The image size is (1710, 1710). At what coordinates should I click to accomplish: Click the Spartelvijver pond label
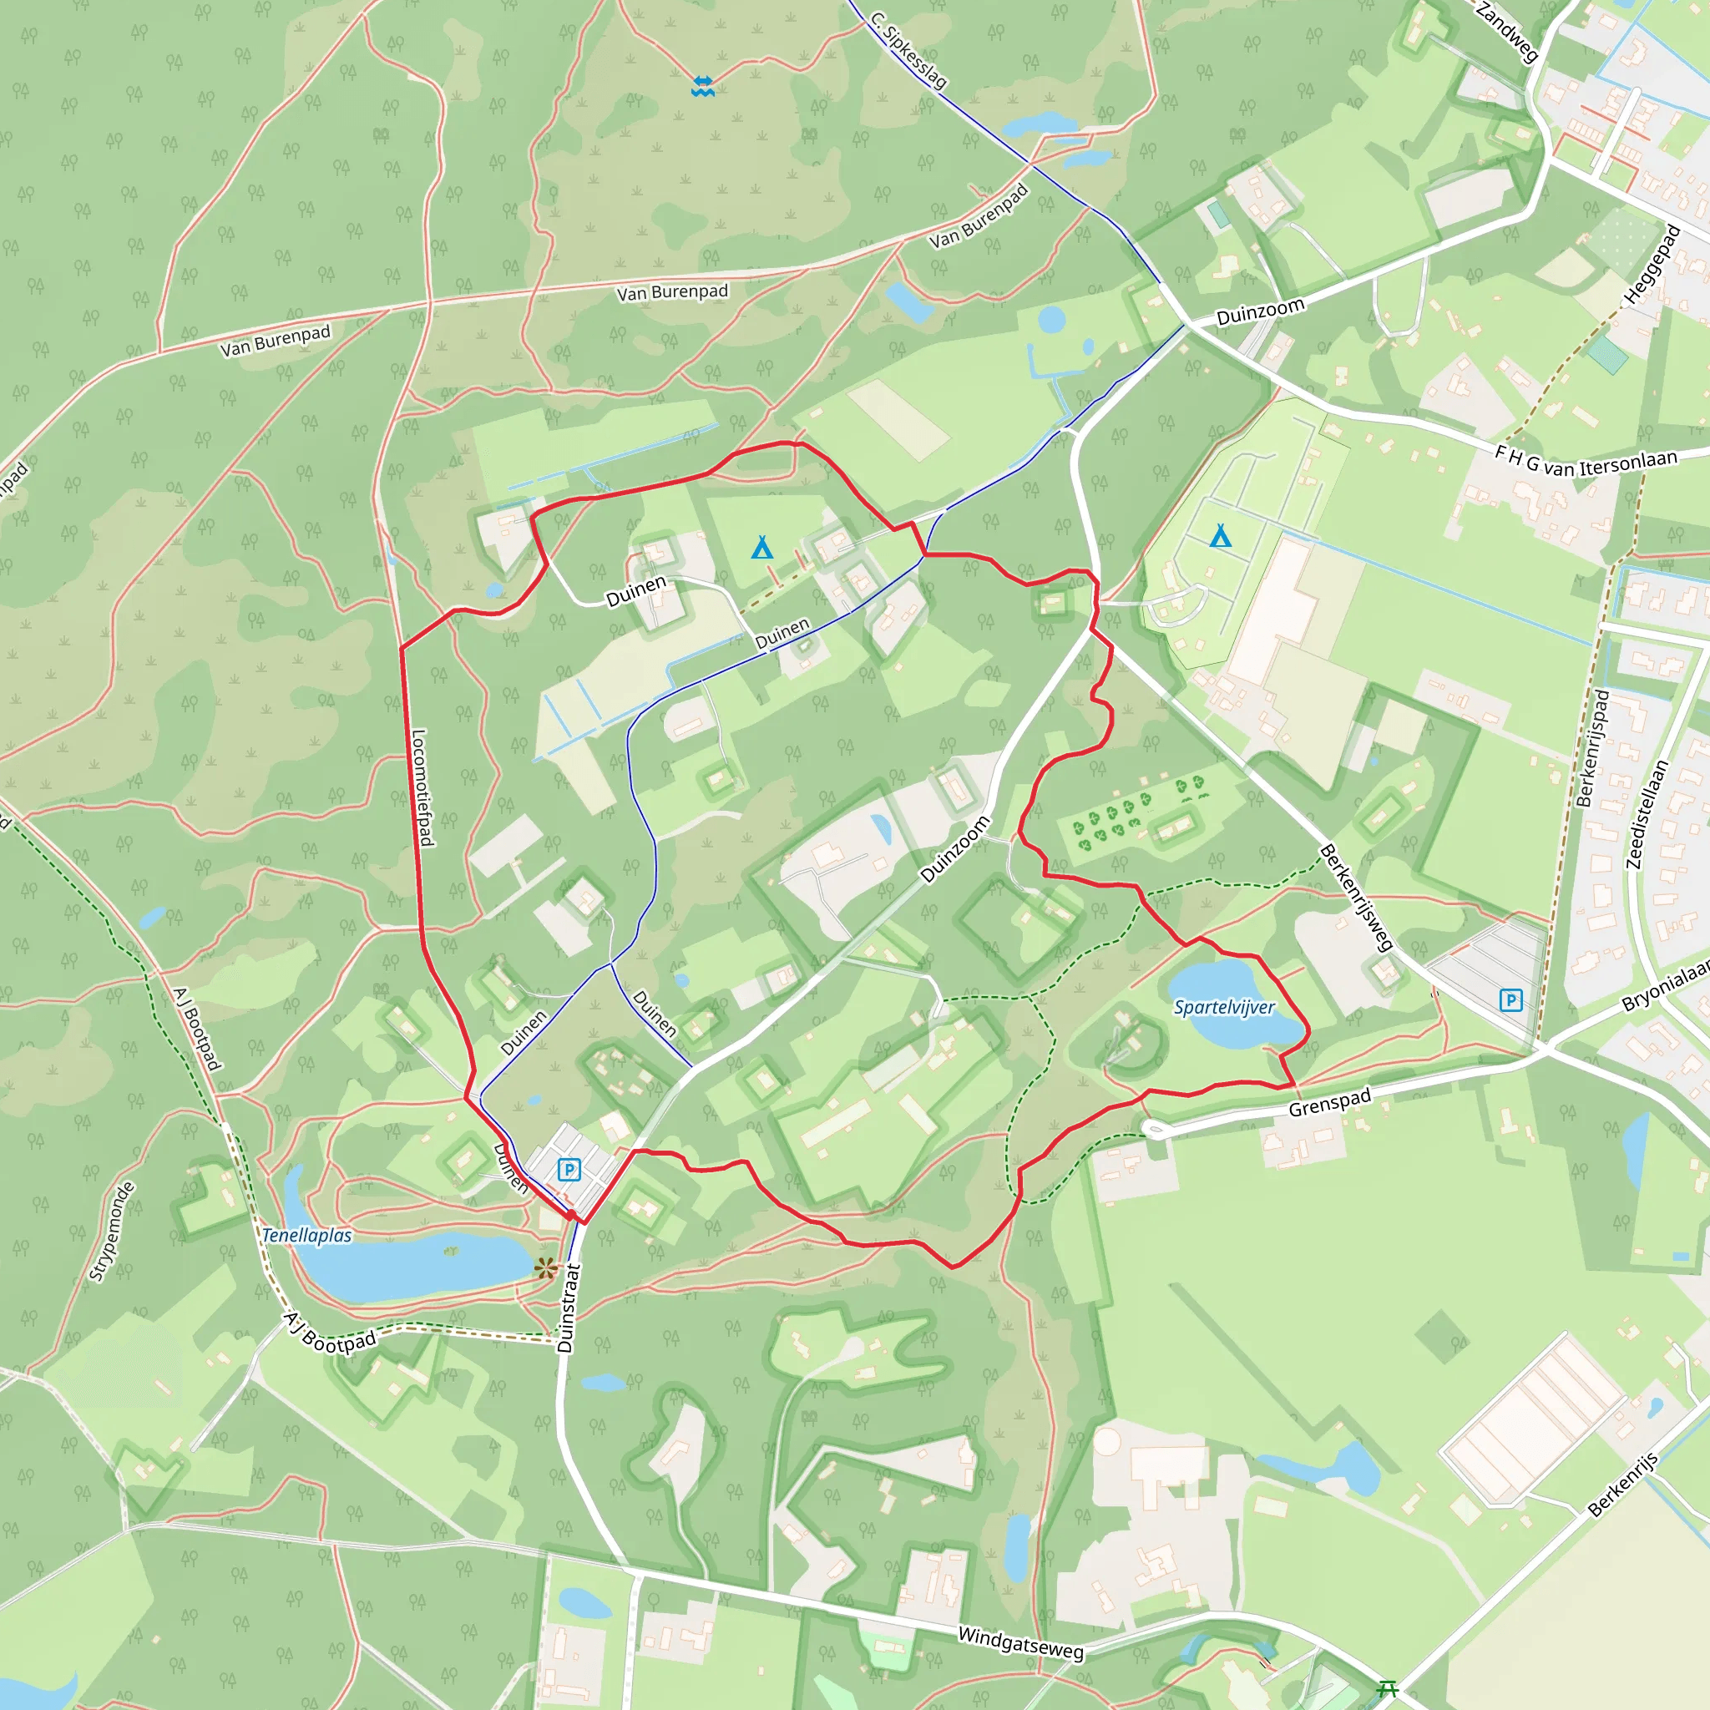click(x=1224, y=1007)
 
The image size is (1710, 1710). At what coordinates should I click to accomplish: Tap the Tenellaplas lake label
click(x=307, y=1235)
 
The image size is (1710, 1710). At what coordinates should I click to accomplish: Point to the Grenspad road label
click(x=1329, y=1102)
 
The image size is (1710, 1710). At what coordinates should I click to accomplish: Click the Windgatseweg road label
click(x=1020, y=1643)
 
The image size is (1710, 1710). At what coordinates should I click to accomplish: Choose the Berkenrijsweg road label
click(x=1356, y=897)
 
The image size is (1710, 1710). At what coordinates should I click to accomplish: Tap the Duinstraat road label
click(x=569, y=1308)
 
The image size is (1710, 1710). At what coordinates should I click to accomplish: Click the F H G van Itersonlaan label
click(x=1586, y=461)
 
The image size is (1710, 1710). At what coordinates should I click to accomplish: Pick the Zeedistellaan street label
click(x=1648, y=814)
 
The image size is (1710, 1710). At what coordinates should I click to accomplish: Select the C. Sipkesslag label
click(x=908, y=49)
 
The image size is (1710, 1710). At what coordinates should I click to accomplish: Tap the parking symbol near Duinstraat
click(x=569, y=1170)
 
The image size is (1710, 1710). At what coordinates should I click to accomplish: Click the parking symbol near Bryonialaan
click(x=1510, y=1000)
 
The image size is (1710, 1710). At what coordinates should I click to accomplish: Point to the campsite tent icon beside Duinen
click(x=762, y=548)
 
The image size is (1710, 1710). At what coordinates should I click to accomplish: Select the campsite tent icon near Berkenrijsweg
click(x=1221, y=535)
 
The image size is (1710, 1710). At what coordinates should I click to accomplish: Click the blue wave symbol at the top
click(x=703, y=86)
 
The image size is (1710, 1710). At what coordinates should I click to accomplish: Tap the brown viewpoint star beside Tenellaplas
click(x=546, y=1268)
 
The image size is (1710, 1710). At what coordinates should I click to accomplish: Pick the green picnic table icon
click(x=1388, y=1690)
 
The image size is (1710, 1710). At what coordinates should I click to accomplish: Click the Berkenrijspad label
click(x=1593, y=749)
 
